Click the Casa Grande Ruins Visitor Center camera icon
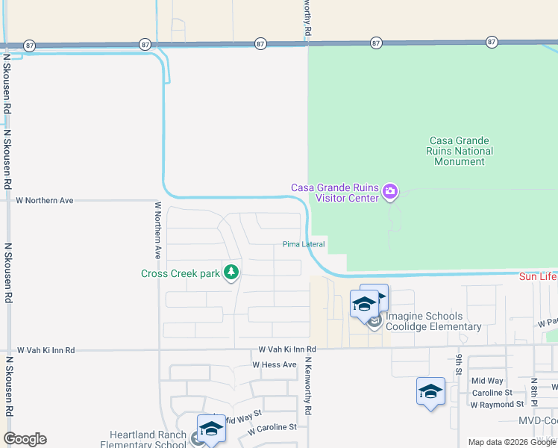coord(389,193)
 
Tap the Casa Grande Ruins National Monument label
coord(462,151)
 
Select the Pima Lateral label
coord(304,244)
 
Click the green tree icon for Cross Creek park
coord(231,273)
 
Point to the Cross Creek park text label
coord(181,273)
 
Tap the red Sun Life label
coord(538,277)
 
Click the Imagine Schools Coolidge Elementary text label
coord(434,322)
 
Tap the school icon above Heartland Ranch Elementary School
coord(211,429)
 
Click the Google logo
coord(25,439)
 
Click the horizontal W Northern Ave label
coord(46,201)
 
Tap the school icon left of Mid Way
coord(431,391)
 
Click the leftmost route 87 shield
coord(29,45)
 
